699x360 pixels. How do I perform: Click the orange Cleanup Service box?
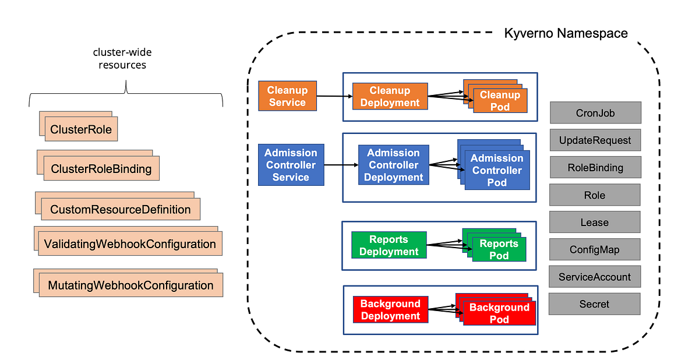(287, 96)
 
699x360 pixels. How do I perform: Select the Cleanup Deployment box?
(390, 97)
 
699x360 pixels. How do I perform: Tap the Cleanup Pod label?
(500, 101)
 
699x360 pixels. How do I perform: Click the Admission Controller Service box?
(291, 165)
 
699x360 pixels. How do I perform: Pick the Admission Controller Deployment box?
(393, 165)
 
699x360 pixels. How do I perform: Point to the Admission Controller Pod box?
(497, 170)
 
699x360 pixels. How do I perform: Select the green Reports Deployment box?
(389, 245)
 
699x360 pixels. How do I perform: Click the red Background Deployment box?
(390, 309)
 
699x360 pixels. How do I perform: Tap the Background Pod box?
(499, 313)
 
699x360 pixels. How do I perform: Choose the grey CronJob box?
(595, 113)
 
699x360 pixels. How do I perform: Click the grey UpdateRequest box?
(595, 140)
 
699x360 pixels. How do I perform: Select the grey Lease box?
(595, 223)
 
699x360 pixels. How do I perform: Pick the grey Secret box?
(595, 304)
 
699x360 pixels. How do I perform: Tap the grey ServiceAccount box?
(595, 277)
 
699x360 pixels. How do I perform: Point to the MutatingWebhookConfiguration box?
(131, 285)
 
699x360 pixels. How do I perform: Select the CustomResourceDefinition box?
(121, 209)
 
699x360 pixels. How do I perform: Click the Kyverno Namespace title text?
(566, 33)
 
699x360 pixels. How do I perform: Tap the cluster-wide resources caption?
(122, 59)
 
